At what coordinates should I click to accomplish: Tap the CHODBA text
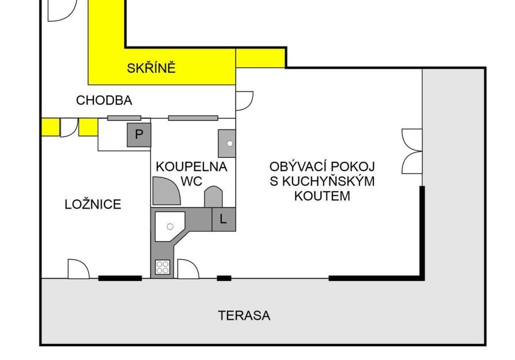[x=104, y=100]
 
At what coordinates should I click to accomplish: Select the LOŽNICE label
[x=93, y=204]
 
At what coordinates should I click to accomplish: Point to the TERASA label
[x=244, y=316]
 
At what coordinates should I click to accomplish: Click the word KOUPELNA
[x=191, y=166]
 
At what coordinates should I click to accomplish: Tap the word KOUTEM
[x=322, y=196]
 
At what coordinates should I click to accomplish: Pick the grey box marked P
[x=139, y=135]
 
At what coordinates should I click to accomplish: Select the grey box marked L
[x=224, y=219]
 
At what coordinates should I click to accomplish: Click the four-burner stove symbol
[x=162, y=267]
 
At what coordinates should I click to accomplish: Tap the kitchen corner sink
[x=170, y=226]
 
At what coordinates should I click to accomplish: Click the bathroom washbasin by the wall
[x=227, y=143]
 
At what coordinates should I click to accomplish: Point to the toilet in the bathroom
[x=213, y=197]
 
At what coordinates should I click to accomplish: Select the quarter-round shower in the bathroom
[x=166, y=191]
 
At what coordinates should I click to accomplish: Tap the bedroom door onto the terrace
[x=78, y=268]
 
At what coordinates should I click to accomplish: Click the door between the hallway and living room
[x=244, y=101]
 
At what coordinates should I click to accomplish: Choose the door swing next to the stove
[x=188, y=268]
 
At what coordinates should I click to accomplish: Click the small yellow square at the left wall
[x=50, y=127]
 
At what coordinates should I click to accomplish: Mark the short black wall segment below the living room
[x=224, y=278]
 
